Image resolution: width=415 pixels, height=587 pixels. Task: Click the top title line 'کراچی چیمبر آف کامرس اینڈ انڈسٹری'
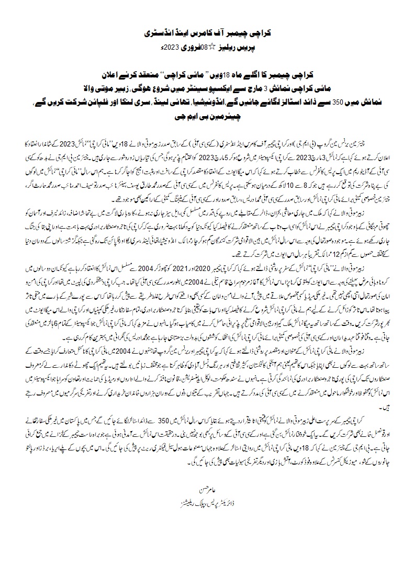[x=207, y=33]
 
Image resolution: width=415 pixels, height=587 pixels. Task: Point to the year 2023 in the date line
[x=171, y=47]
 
